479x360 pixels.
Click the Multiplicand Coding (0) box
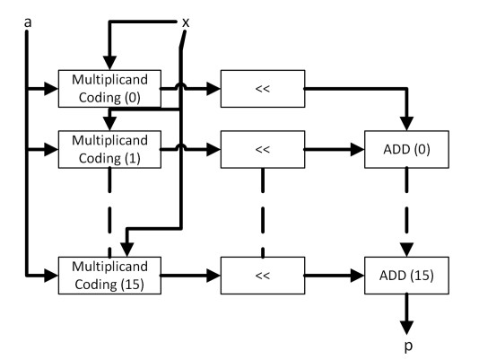pos(109,89)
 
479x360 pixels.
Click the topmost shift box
pos(263,89)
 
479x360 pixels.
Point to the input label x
pos(186,19)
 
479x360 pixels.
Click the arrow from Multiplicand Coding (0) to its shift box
pos(193,89)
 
